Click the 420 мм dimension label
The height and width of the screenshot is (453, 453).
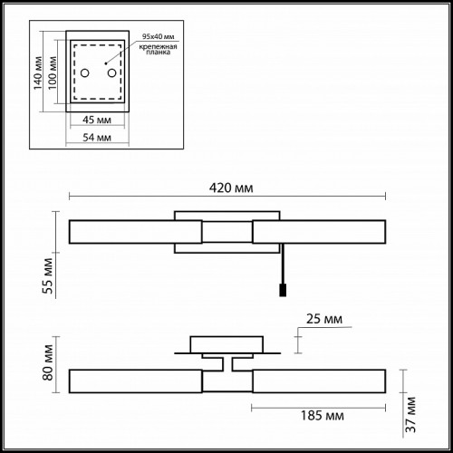coord(231,188)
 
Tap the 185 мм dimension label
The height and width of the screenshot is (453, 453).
coord(323,416)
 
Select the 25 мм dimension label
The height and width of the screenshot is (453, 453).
coord(324,319)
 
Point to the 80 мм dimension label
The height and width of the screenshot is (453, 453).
coord(48,362)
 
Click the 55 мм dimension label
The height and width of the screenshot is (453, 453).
coord(48,275)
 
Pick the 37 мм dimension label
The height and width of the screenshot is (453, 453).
coord(410,414)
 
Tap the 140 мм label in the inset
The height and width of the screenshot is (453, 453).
coord(38,73)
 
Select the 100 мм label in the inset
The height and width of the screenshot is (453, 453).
coord(53,72)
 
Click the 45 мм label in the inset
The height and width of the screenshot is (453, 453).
coord(97,120)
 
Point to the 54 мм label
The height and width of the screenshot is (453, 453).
coord(97,138)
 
